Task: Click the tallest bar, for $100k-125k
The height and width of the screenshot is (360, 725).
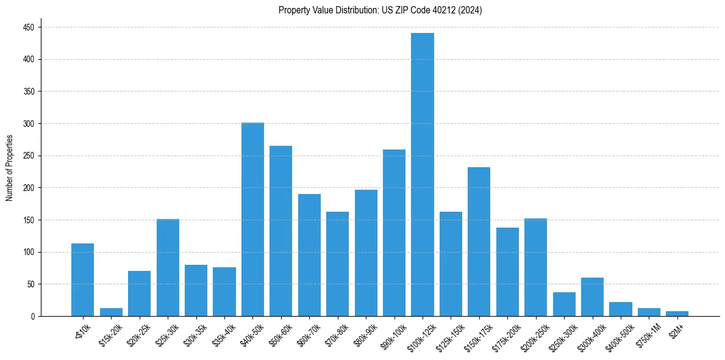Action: pyautogui.click(x=423, y=175)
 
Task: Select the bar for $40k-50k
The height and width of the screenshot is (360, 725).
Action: pyautogui.click(x=252, y=220)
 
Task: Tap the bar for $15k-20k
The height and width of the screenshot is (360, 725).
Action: pyautogui.click(x=111, y=312)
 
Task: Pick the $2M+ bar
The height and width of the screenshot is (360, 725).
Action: pyautogui.click(x=677, y=314)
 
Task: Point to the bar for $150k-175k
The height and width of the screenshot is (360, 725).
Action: pyautogui.click(x=479, y=242)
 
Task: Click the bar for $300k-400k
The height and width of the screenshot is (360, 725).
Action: pyautogui.click(x=592, y=297)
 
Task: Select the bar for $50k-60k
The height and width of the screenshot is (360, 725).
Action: pyautogui.click(x=281, y=231)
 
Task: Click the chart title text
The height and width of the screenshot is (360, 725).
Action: pyautogui.click(x=380, y=10)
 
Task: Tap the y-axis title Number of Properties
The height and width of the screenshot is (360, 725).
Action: pyautogui.click(x=10, y=168)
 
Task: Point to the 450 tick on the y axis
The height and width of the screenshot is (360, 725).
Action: pyautogui.click(x=29, y=27)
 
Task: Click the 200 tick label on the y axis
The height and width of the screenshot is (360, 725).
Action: pyautogui.click(x=29, y=124)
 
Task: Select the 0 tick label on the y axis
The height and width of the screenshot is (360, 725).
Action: pyautogui.click(x=33, y=316)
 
